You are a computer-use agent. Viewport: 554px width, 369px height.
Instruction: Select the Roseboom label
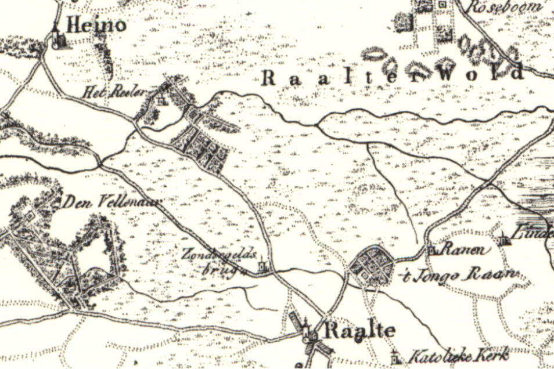click(x=505, y=6)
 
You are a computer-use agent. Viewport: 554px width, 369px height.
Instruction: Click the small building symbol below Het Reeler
click(x=161, y=101)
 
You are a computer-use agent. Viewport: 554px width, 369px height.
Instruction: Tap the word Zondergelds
click(x=210, y=254)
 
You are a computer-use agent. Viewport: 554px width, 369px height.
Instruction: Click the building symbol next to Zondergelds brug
click(x=262, y=266)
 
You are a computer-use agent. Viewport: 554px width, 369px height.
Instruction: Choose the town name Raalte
click(x=359, y=331)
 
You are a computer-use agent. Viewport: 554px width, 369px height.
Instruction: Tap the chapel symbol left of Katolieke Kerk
click(x=396, y=357)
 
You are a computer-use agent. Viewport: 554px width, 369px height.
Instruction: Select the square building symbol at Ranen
click(x=432, y=251)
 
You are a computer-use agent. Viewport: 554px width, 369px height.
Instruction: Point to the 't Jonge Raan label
click(x=459, y=275)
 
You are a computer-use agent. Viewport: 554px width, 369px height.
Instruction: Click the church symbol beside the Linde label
click(x=503, y=238)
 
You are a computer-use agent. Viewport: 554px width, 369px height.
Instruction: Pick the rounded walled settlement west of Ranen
click(x=372, y=266)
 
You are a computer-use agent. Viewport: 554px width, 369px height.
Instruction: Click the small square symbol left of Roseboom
click(x=443, y=5)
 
